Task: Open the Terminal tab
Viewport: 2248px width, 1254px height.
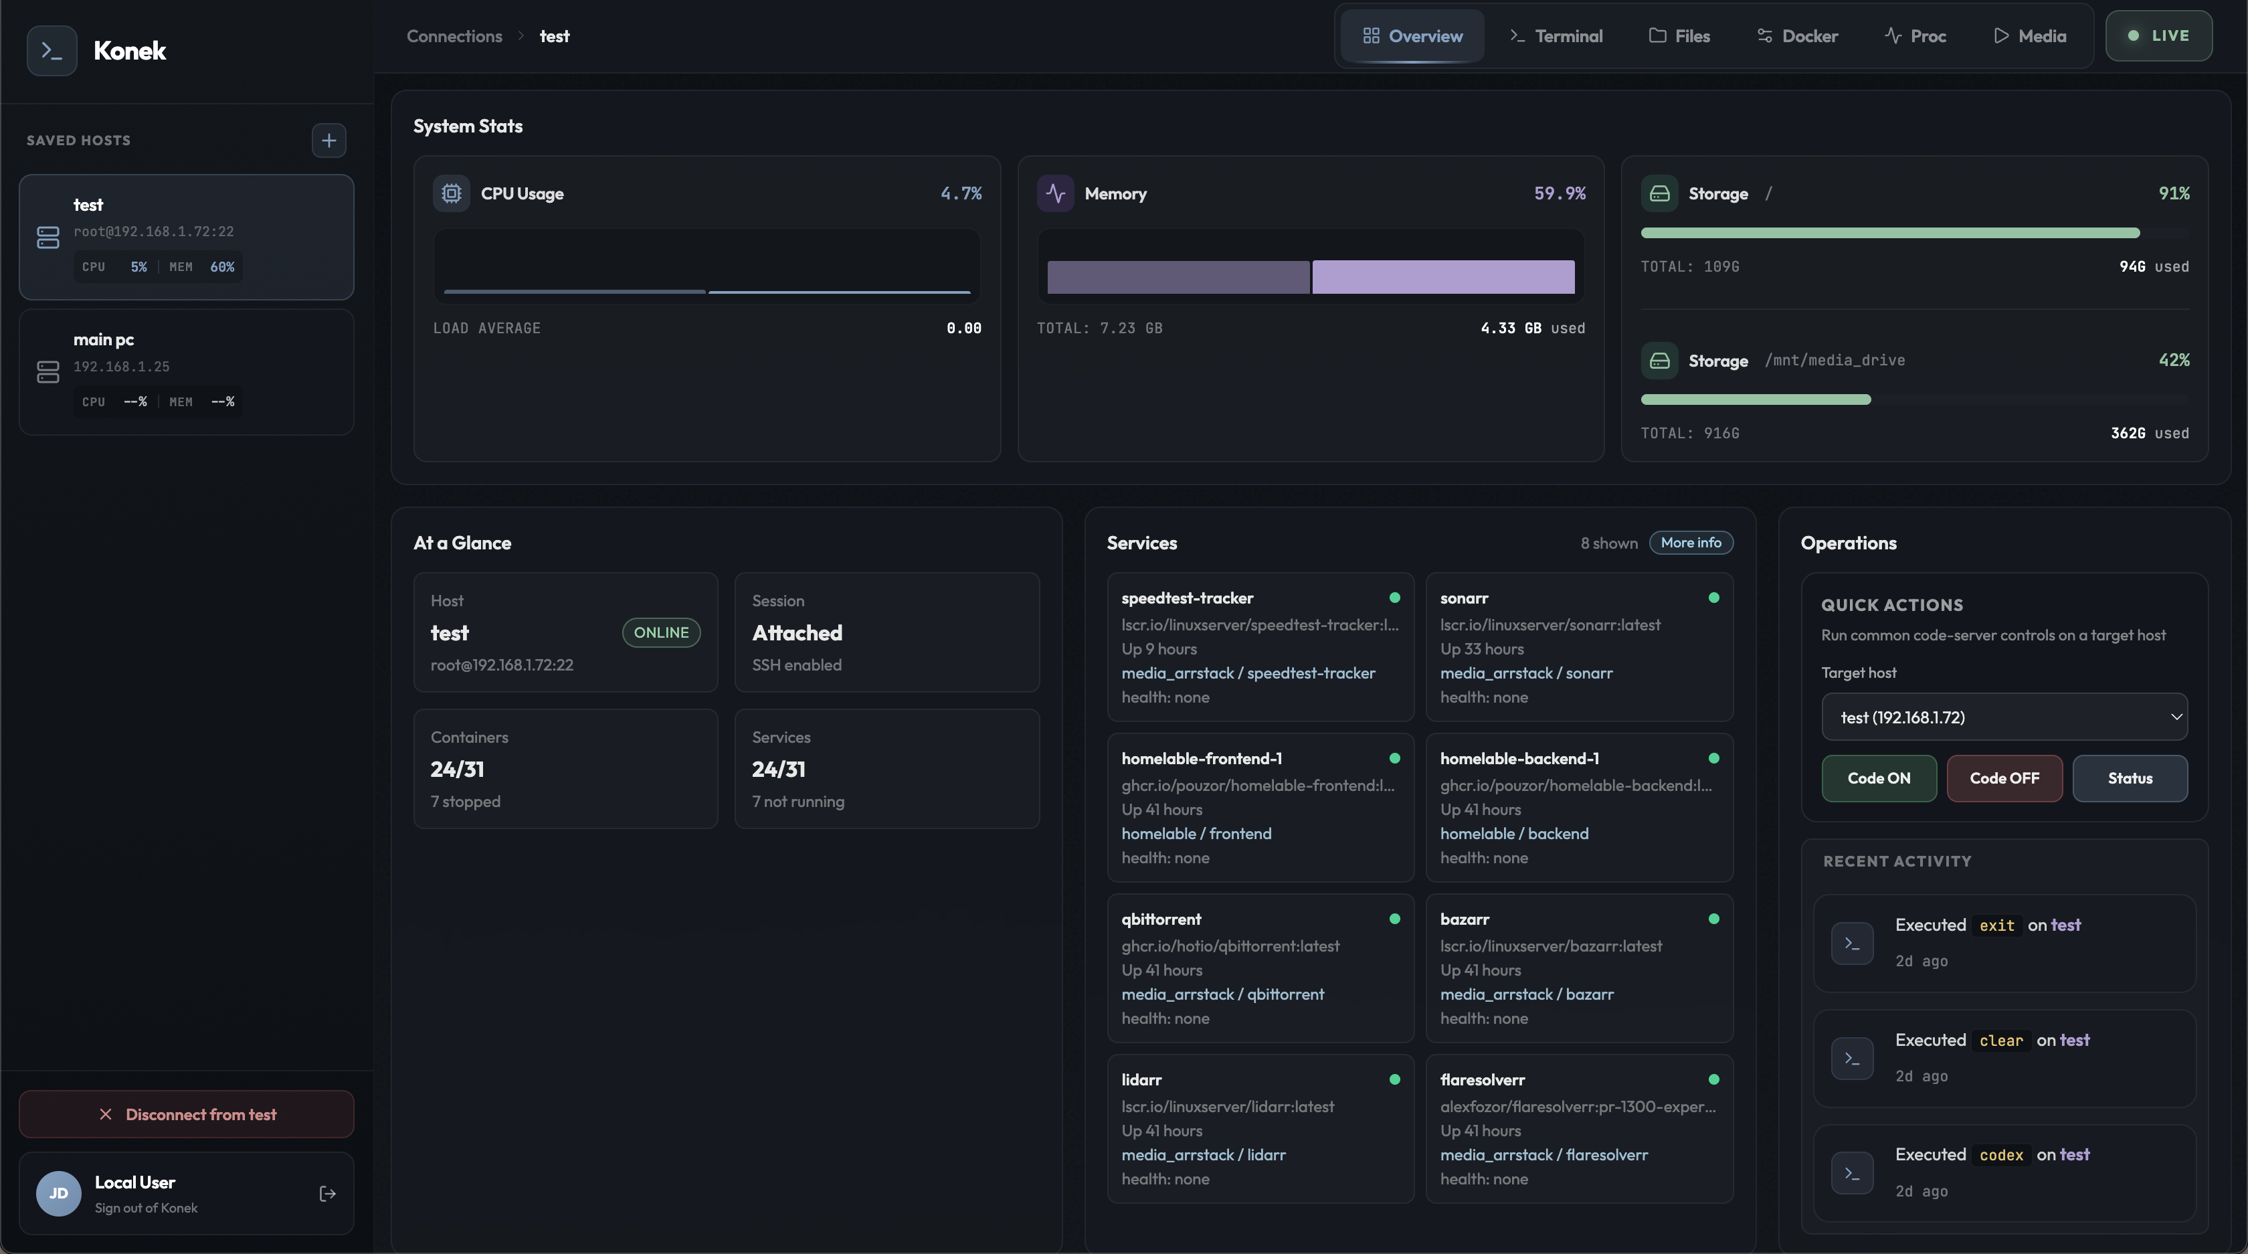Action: click(1556, 35)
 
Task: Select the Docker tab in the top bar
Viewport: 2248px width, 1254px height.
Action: click(1797, 35)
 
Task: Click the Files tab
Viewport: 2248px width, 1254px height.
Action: click(1679, 35)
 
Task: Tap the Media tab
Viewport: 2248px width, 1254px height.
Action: click(2029, 35)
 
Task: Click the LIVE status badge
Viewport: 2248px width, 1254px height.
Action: click(2158, 35)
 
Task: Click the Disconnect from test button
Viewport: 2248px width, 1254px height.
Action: click(187, 1114)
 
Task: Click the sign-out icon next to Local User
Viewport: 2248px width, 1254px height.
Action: click(327, 1194)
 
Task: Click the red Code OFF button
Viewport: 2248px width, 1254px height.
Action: click(2004, 778)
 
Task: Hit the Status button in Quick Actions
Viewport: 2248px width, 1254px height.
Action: click(2130, 778)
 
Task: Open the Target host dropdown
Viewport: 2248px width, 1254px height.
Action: click(2004, 717)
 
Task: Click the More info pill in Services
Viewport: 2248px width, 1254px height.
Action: click(1691, 543)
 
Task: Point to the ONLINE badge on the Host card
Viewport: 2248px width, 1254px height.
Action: click(660, 632)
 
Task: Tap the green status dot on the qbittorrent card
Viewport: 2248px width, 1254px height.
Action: click(1394, 919)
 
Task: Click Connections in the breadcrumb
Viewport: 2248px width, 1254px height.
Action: click(454, 35)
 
